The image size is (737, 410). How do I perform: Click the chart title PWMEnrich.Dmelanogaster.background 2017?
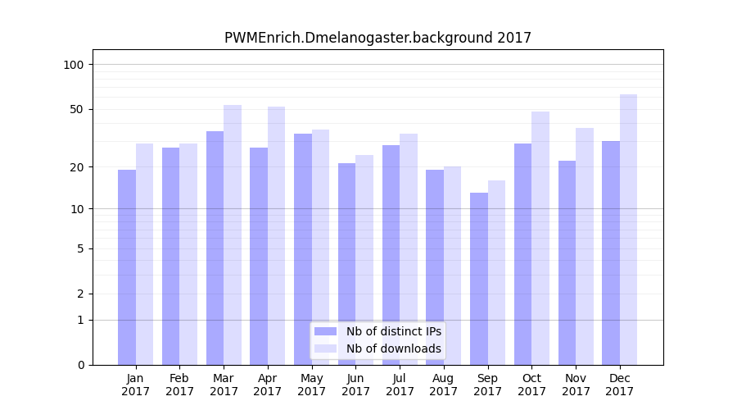coord(378,38)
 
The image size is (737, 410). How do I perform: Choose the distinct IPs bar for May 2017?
coord(303,249)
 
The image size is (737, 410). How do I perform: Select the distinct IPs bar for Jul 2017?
coord(391,255)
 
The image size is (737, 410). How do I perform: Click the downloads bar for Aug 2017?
coord(453,266)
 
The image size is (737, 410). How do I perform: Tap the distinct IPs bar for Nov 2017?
coord(567,262)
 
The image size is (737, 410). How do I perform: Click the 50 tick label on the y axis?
coord(76,109)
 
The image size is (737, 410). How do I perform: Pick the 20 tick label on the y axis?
coord(76,167)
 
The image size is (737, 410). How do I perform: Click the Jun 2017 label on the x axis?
coord(355,385)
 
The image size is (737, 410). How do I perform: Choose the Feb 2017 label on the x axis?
coord(179,385)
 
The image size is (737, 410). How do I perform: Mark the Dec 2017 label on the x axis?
coord(620,385)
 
